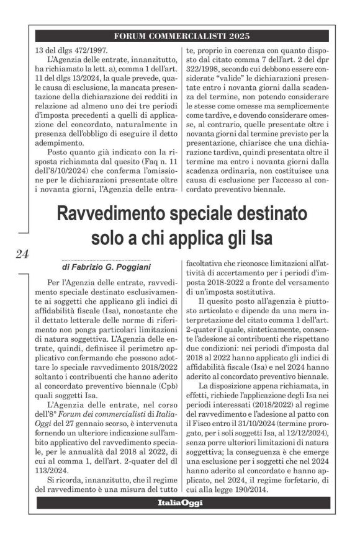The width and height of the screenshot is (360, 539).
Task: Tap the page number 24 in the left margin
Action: pos(19,253)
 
